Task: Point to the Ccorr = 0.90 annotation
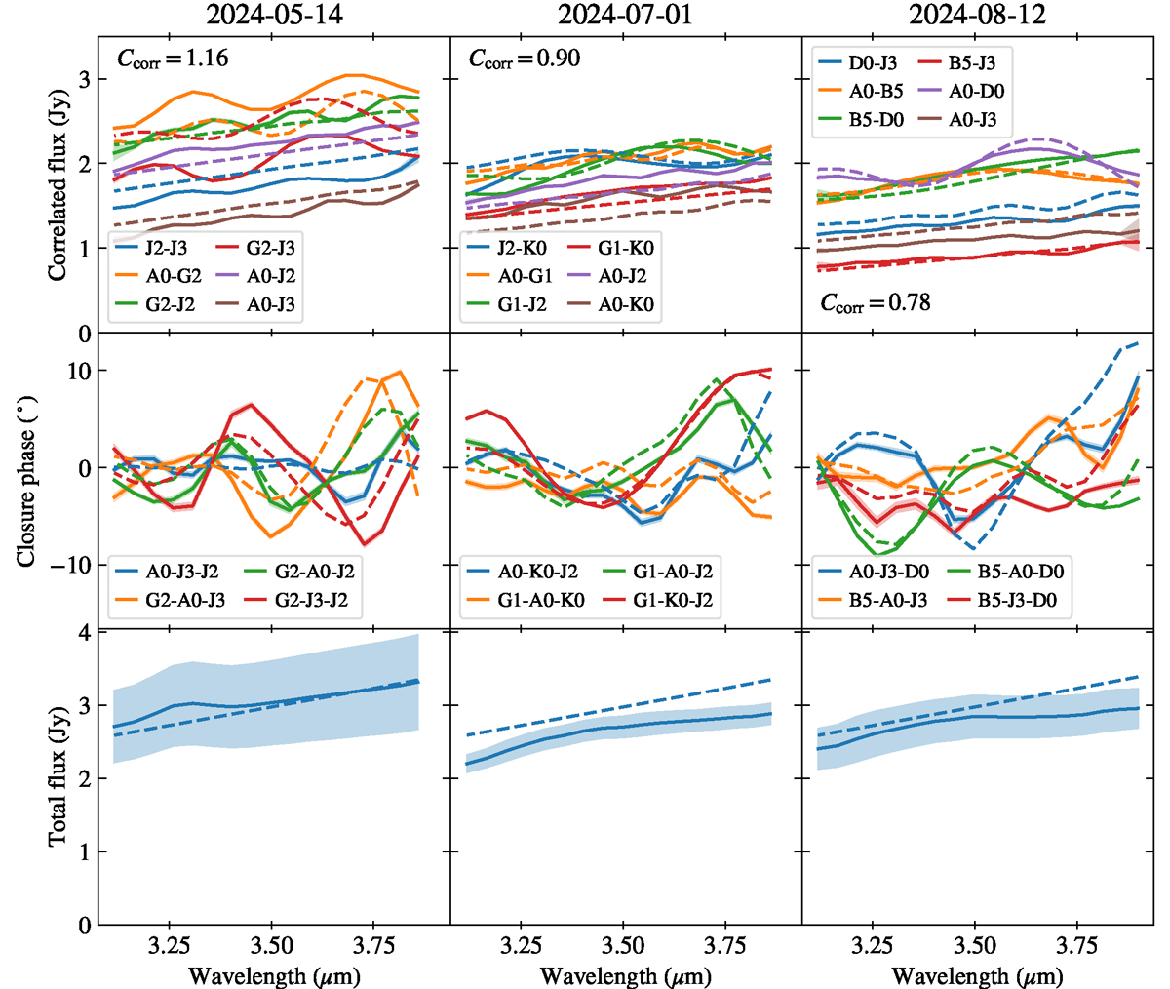pyautogui.click(x=525, y=59)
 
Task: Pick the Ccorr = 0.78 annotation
pyautogui.click(x=875, y=303)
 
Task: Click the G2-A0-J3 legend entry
pyautogui.click(x=185, y=601)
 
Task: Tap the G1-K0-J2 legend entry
pyautogui.click(x=673, y=601)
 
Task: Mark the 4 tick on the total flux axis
pyautogui.click(x=85, y=633)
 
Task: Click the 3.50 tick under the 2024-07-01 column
pyautogui.click(x=624, y=945)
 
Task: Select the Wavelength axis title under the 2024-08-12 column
pyautogui.click(x=977, y=975)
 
